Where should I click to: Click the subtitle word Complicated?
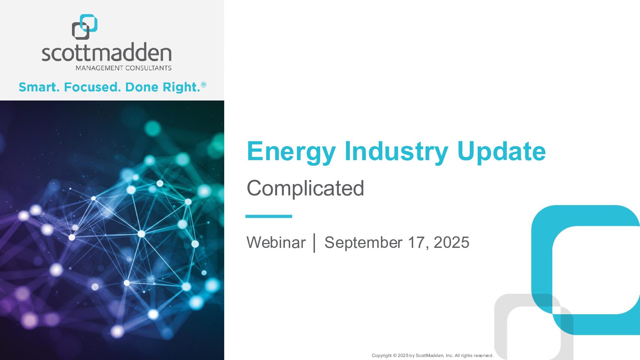pos(305,189)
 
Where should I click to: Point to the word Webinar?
pos(276,242)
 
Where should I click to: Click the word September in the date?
pos(363,243)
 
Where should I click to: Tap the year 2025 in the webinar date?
pos(451,242)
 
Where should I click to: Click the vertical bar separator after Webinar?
pos(314,243)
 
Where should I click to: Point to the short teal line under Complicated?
pos(268,216)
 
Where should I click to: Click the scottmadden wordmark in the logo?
pos(106,52)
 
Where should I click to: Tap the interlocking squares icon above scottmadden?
pos(85,27)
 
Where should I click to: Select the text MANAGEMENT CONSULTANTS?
pos(123,68)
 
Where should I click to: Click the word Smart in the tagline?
pos(39,87)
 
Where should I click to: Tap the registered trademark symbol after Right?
pos(204,85)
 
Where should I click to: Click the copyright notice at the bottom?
pos(432,355)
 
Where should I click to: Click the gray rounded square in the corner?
pos(501,326)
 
